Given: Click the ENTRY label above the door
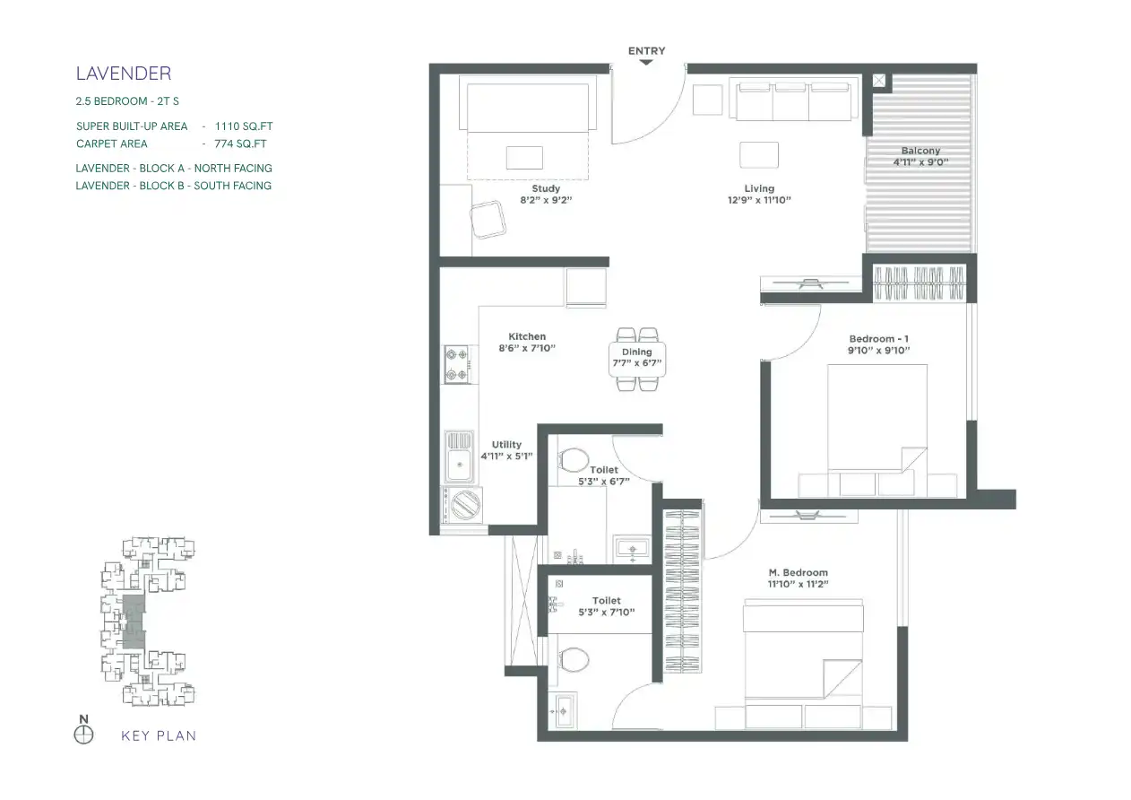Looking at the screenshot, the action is click(x=646, y=51).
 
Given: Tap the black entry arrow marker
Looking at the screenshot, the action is click(x=646, y=62).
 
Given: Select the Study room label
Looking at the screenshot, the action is click(x=546, y=188).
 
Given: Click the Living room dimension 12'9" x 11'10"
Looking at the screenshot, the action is click(x=759, y=200).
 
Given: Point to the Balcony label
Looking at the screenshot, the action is click(x=920, y=151).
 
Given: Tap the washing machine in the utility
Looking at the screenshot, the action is click(x=462, y=504).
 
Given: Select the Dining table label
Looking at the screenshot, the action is click(x=636, y=352).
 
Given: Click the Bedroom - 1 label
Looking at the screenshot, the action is click(x=878, y=339).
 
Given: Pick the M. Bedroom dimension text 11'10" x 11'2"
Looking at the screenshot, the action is click(x=799, y=584).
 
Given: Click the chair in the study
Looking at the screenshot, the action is click(x=488, y=220).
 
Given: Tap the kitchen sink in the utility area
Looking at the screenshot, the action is click(x=459, y=457).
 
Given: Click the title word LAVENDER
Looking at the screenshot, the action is click(x=124, y=74).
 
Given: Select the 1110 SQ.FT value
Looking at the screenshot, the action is click(x=244, y=126).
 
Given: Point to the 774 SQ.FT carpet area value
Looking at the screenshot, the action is click(x=240, y=144).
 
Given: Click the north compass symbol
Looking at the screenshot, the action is click(x=84, y=735).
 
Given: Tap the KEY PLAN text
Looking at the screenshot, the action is click(x=159, y=735).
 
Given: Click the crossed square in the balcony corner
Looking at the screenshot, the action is click(x=878, y=81).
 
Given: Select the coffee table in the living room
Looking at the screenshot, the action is click(x=759, y=154).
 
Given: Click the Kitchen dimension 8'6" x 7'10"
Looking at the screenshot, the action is click(x=527, y=348).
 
